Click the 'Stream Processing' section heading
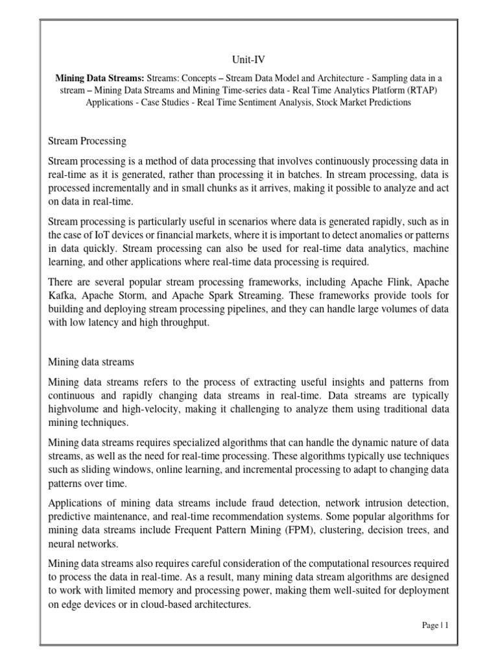coord(88,140)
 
